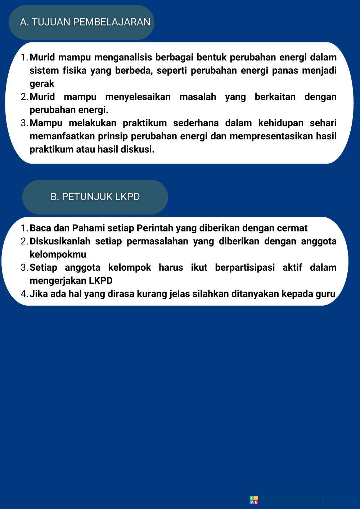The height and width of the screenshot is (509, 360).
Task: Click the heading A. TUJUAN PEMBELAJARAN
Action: click(x=85, y=22)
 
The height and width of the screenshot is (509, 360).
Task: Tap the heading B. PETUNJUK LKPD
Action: click(x=95, y=197)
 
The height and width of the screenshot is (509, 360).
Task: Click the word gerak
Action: click(x=42, y=84)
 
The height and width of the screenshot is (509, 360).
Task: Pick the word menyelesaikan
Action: click(x=138, y=97)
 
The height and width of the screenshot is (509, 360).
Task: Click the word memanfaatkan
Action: click(x=62, y=136)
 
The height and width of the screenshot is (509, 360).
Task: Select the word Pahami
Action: click(x=89, y=228)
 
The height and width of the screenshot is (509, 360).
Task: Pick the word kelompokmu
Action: click(x=58, y=254)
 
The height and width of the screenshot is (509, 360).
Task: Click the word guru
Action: click(x=325, y=294)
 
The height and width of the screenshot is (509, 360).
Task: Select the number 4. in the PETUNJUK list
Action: click(x=24, y=294)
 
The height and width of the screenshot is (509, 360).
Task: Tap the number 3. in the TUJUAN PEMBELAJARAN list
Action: click(x=24, y=123)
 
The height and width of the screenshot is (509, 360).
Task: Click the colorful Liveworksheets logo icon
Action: click(x=254, y=500)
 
